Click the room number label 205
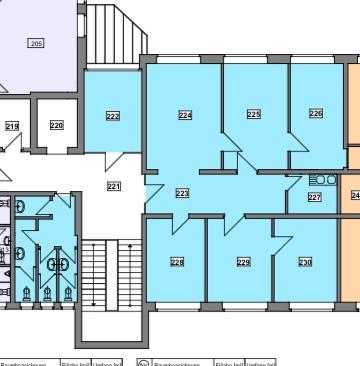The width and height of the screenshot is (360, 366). tap(36, 44)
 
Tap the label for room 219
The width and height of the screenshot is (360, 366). tap(12, 126)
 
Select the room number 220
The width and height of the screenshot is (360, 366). tap(56, 125)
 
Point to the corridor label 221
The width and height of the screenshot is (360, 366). tap(113, 186)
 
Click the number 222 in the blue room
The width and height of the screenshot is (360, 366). tap(113, 116)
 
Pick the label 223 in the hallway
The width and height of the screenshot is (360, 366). tap(182, 193)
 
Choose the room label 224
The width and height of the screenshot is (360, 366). tap(185, 115)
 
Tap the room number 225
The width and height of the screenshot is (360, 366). tap(254, 114)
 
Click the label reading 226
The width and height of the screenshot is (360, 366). tap(316, 113)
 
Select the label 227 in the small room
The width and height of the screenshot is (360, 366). tap(314, 197)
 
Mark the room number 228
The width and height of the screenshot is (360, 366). tap(177, 263)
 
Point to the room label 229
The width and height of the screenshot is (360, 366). tap(243, 262)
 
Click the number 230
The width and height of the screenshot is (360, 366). tap(305, 262)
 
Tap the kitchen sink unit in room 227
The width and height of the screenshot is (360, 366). tap(323, 180)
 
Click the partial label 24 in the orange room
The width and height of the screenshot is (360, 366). tap(354, 196)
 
